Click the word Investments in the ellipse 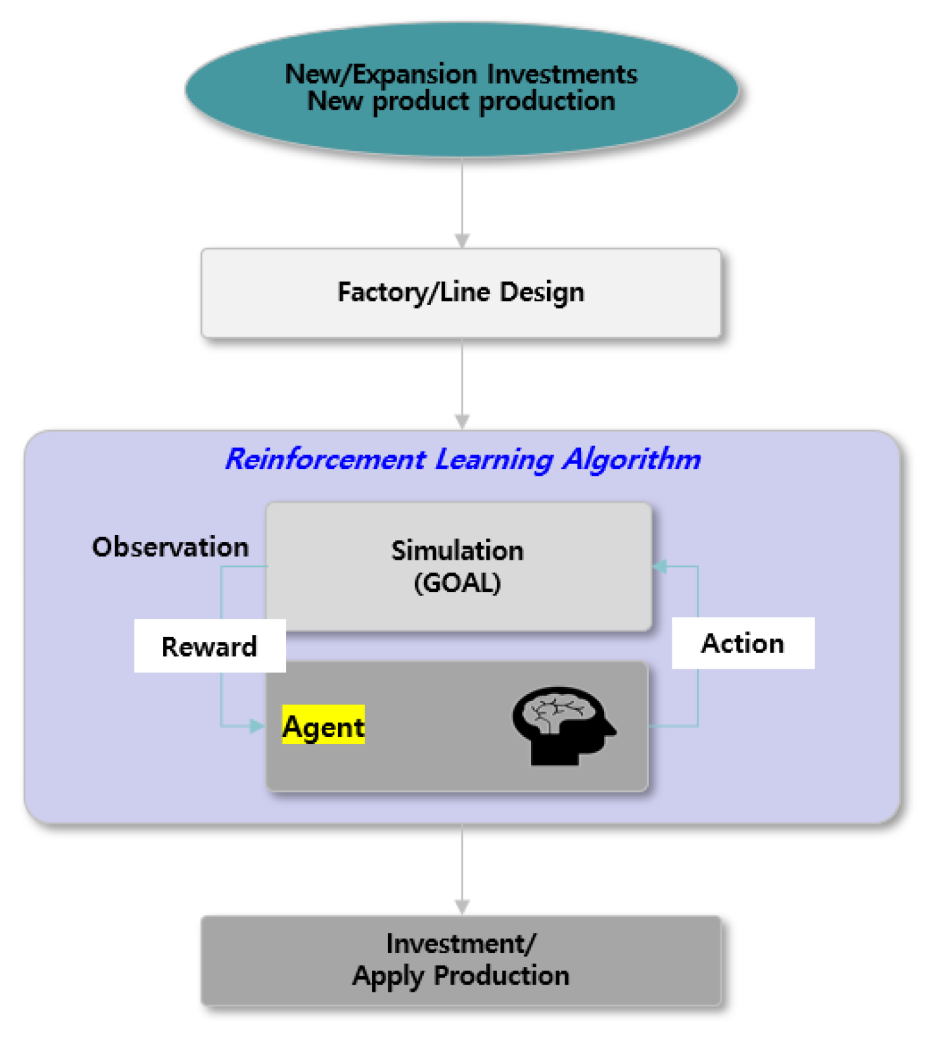point(562,74)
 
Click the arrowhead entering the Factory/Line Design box point(461,241)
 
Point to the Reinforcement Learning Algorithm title point(463,459)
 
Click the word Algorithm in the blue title point(631,459)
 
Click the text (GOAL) point(458,582)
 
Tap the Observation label point(170,547)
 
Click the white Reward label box point(209,646)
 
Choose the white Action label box point(742,643)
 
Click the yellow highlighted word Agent point(323,725)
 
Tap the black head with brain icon point(561,725)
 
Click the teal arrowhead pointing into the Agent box point(258,726)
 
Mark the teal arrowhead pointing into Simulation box point(660,566)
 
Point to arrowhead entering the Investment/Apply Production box point(461,907)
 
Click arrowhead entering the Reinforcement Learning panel point(461,422)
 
